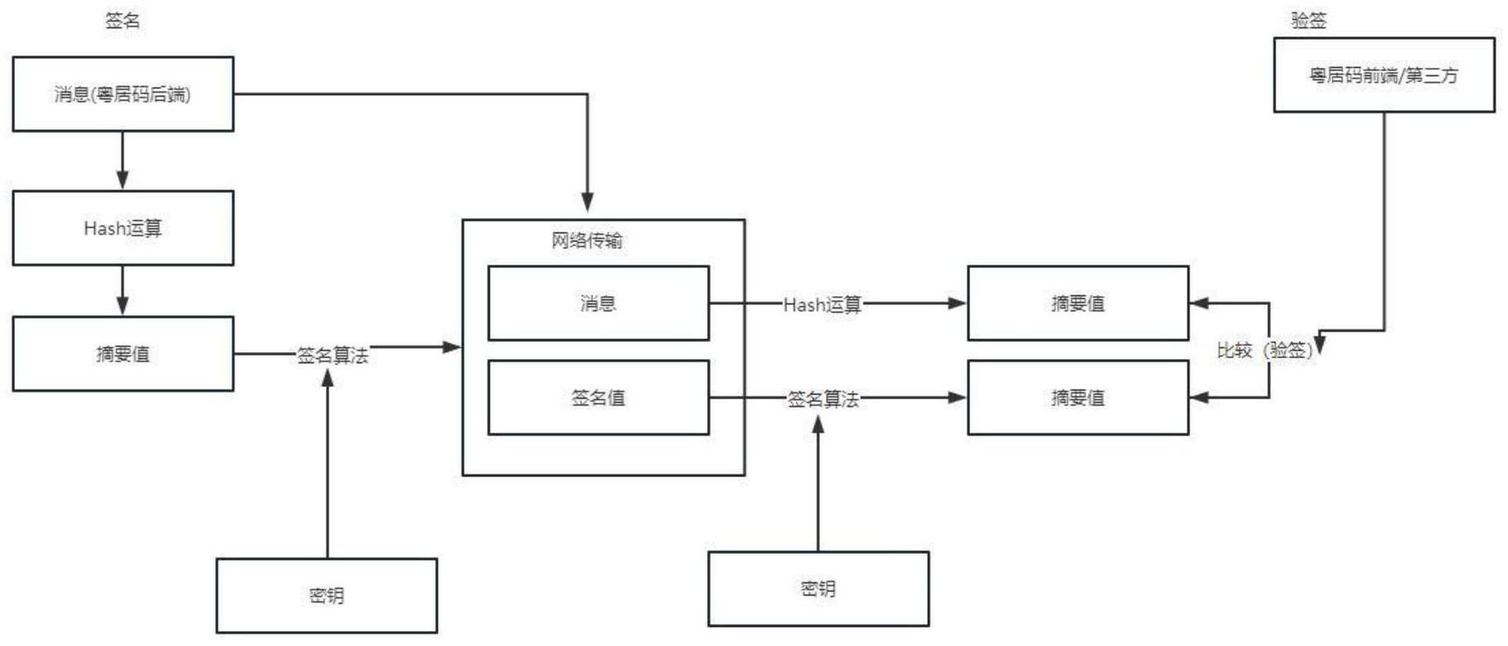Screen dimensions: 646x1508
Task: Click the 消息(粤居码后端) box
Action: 123,94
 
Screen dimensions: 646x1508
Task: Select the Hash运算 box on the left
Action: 123,228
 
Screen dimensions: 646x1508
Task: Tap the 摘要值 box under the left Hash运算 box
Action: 123,354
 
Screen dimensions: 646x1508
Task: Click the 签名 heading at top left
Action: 122,21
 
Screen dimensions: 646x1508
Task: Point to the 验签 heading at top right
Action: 1308,21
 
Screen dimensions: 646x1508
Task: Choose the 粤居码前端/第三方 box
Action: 1384,75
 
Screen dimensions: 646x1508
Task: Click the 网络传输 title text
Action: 587,241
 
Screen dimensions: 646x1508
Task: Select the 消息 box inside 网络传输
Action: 598,303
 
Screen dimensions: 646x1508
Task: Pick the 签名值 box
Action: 598,398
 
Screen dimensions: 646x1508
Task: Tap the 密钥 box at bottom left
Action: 327,595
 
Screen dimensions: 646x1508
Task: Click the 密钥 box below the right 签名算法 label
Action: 818,588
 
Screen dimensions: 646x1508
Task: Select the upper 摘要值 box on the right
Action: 1078,303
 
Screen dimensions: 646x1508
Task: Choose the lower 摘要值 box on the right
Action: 1078,398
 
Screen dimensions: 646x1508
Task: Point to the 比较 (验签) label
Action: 1265,350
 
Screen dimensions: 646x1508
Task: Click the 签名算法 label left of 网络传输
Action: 332,355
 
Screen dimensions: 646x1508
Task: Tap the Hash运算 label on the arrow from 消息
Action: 822,304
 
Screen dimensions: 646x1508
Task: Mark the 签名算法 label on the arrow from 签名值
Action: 822,399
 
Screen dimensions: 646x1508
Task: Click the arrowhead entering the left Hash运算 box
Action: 122,180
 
